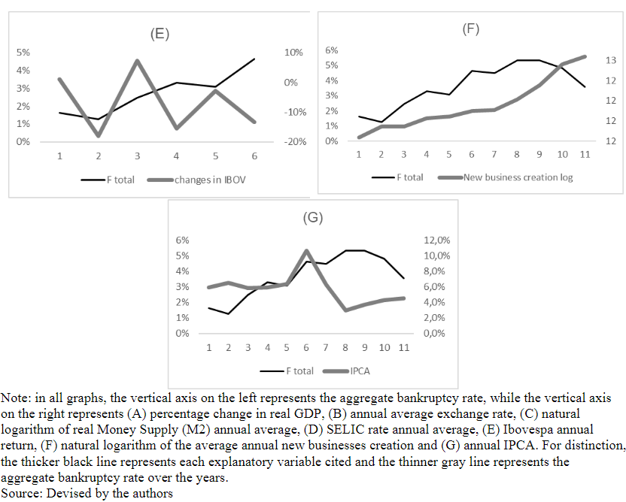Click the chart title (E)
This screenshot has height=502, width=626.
[x=159, y=34]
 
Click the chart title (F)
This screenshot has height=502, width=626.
[x=470, y=29]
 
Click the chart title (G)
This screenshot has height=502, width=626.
[x=312, y=219]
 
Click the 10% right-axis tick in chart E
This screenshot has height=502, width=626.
[x=293, y=53]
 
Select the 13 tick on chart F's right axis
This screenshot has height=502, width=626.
[x=611, y=60]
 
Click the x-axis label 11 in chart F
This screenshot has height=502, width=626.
[x=585, y=154]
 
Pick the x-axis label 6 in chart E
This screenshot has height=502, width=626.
[x=254, y=156]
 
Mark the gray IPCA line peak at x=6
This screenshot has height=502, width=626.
[x=306, y=251]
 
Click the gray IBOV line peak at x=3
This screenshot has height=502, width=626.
[x=137, y=61]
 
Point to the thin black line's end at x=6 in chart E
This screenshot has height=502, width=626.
[x=254, y=59]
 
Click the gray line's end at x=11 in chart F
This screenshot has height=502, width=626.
[x=585, y=56]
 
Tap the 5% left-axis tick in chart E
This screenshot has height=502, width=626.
[x=23, y=53]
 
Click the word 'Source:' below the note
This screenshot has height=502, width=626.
[x=22, y=494]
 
